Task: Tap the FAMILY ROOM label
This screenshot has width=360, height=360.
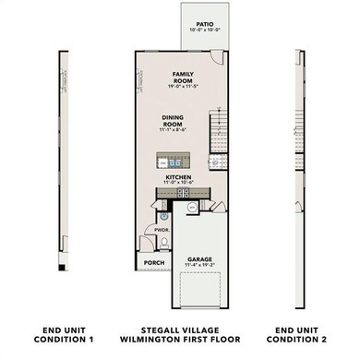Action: point(181,77)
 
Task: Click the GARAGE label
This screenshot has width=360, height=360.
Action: point(200,259)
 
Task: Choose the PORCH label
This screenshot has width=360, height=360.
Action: point(154,263)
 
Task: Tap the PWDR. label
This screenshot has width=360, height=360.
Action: point(161,231)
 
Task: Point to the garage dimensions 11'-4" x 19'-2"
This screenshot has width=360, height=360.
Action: point(200,266)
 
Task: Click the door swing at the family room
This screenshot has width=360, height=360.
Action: point(217,56)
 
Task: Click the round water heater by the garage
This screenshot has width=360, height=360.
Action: point(192,208)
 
